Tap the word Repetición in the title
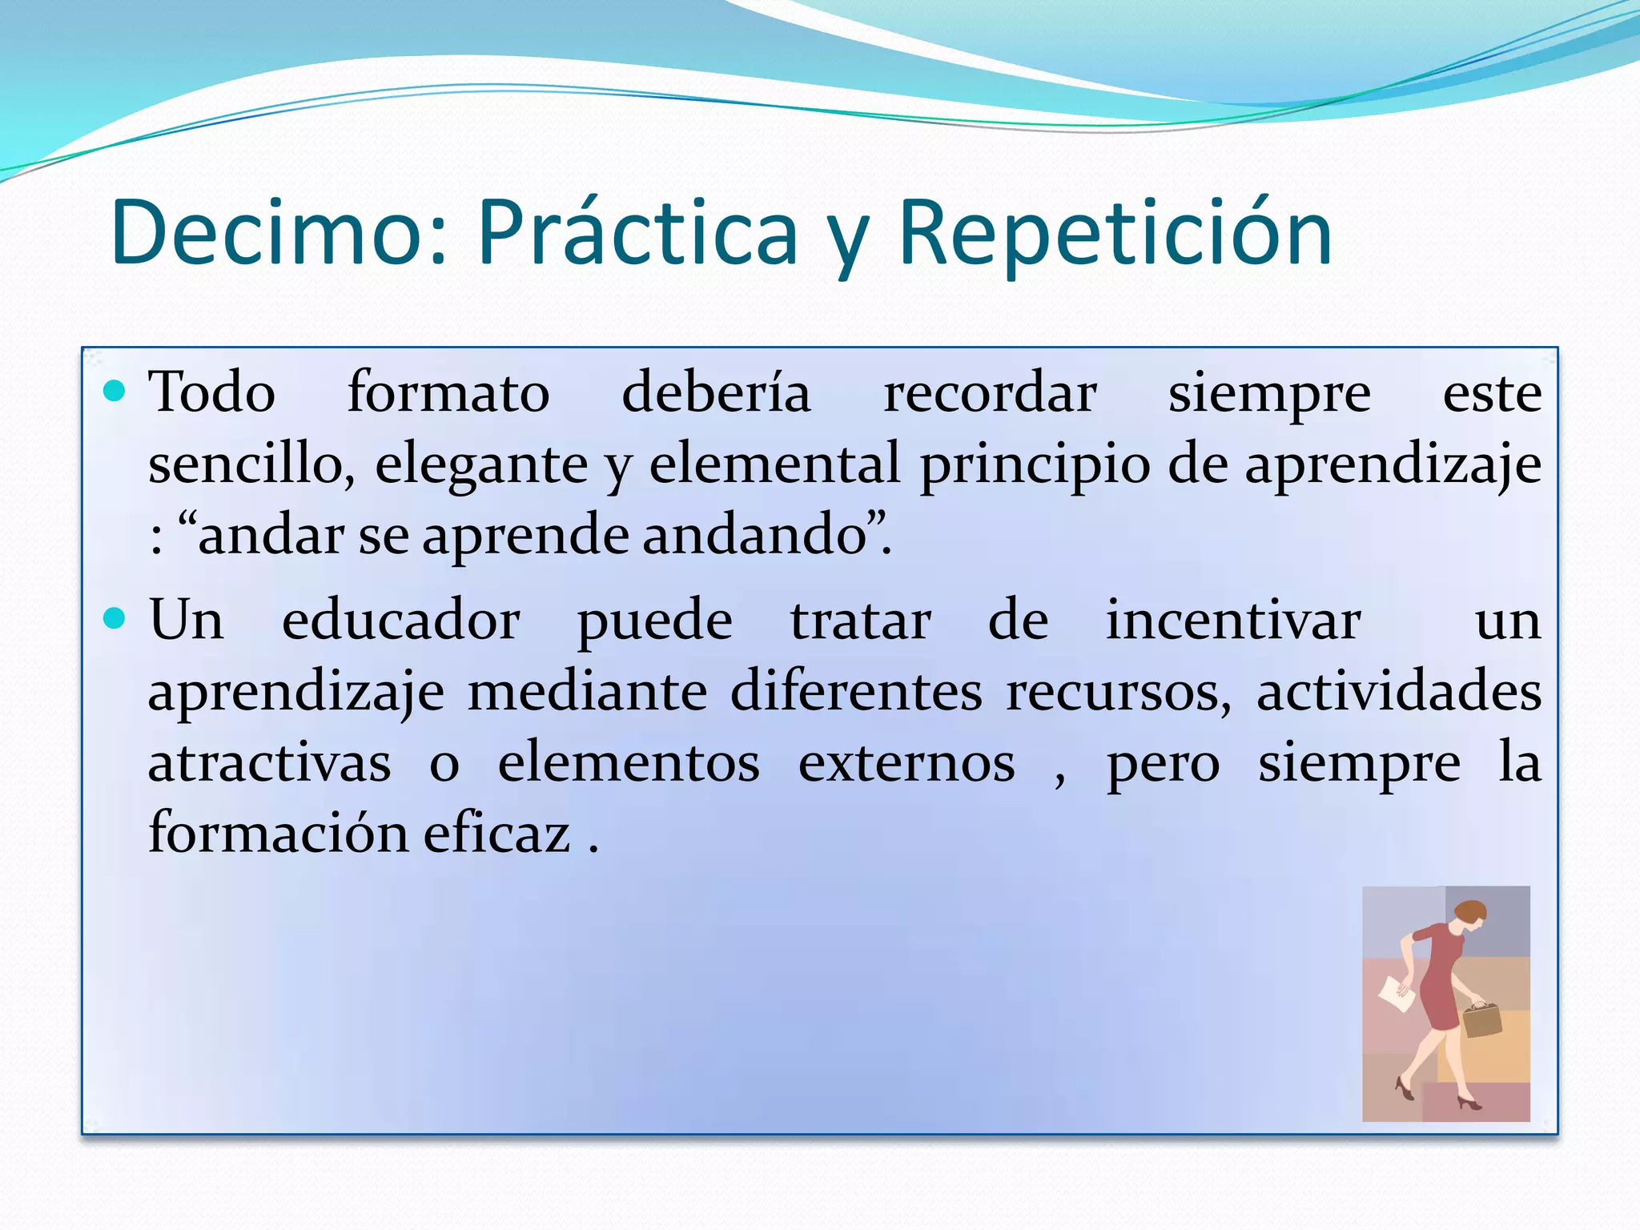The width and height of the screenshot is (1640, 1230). [1115, 233]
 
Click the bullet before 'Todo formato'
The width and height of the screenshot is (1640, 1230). [115, 392]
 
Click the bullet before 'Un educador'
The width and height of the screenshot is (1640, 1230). [115, 618]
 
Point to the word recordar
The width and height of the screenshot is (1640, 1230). [990, 394]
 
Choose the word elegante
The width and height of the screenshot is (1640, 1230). [481, 465]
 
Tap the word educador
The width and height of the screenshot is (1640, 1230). [400, 621]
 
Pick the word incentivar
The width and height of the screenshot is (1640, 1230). [1233, 621]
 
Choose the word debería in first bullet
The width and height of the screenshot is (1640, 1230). [716, 394]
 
